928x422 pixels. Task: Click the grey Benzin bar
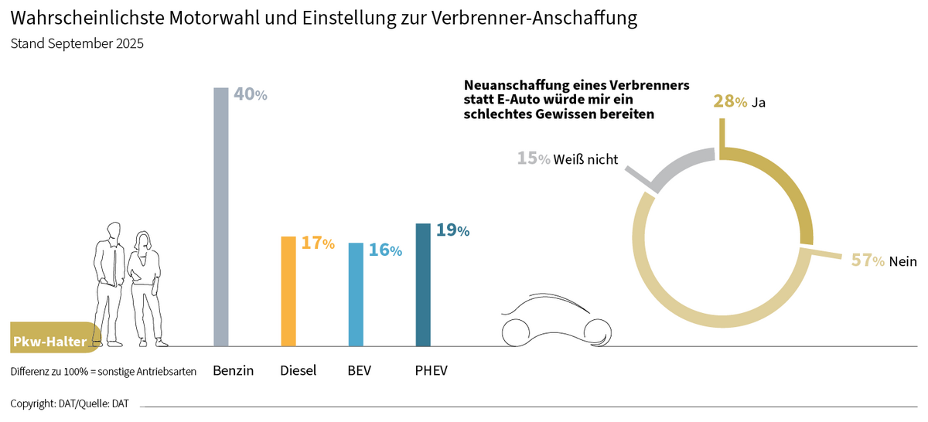220,216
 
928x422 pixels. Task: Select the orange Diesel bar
288,291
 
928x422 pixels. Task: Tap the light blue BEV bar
356,294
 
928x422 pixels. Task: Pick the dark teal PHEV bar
423,284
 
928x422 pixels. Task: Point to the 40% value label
250,95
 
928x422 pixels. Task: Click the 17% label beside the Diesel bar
317,243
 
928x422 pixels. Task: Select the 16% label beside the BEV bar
384,250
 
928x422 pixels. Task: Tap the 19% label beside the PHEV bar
452,230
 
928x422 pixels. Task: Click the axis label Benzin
233,371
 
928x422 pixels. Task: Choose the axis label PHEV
431,371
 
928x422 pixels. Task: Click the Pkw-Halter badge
53,341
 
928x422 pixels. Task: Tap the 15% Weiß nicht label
568,159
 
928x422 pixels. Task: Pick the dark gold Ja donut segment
781,178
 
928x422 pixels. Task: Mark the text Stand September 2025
77,44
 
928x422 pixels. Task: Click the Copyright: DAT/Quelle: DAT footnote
70,403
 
